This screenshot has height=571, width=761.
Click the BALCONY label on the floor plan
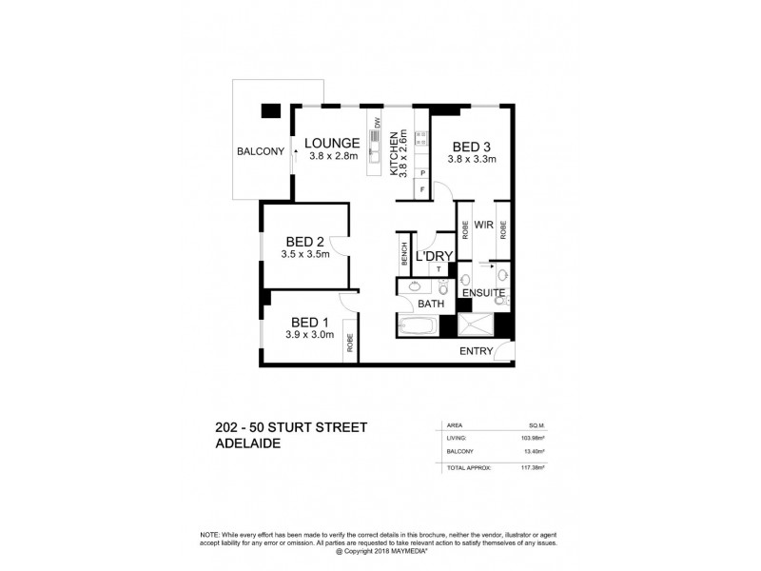point(261,150)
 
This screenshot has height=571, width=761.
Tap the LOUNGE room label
point(332,144)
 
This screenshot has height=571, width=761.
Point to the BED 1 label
point(310,321)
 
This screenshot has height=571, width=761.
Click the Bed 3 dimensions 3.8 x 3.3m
point(472,159)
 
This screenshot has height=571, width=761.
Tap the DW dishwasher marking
point(377,123)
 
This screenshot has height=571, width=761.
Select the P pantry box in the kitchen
point(422,173)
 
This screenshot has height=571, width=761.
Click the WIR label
point(482,226)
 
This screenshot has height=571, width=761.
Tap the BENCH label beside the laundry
point(404,254)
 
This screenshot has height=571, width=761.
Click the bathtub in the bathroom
point(414,327)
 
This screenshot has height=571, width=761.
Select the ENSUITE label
point(482,292)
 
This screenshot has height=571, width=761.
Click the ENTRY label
point(476,351)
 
